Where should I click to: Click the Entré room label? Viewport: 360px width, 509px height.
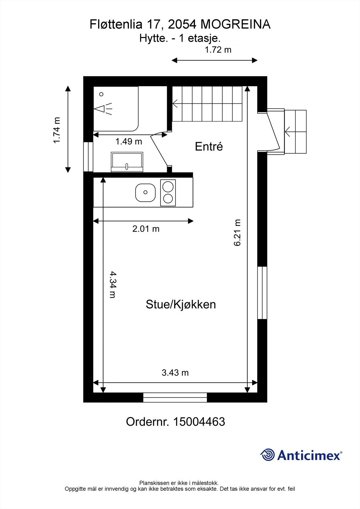pyautogui.click(x=209, y=146)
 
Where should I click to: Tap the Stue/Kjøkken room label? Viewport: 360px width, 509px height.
pyautogui.click(x=181, y=304)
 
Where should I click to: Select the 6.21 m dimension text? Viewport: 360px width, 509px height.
pyautogui.click(x=238, y=233)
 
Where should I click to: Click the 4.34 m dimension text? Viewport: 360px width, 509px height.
pyautogui.click(x=112, y=284)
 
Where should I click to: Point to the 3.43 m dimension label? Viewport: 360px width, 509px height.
pyautogui.click(x=175, y=373)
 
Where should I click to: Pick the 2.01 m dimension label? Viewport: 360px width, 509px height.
pyautogui.click(x=146, y=229)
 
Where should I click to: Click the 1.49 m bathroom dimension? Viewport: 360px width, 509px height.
pyautogui.click(x=129, y=142)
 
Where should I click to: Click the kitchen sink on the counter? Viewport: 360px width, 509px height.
pyautogui.click(x=145, y=192)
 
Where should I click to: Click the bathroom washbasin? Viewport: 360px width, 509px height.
pyautogui.click(x=127, y=162)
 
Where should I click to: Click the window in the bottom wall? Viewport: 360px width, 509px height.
pyautogui.click(x=175, y=398)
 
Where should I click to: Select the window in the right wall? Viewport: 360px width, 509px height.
pyautogui.click(x=262, y=293)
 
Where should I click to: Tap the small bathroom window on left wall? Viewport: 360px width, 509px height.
pyautogui.click(x=88, y=157)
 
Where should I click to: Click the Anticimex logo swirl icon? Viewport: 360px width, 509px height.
pyautogui.click(x=267, y=455)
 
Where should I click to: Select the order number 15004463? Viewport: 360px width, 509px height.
pyautogui.click(x=199, y=422)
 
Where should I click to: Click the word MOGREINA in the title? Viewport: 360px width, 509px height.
pyautogui.click(x=236, y=24)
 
